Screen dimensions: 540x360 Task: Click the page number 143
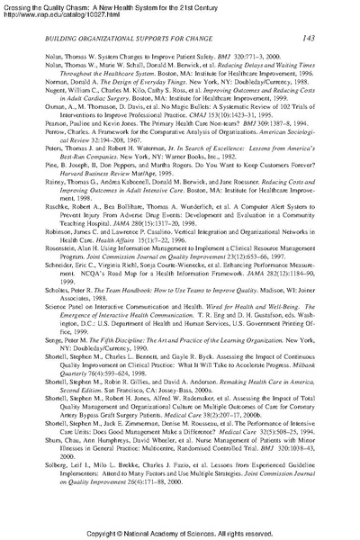coord(307,38)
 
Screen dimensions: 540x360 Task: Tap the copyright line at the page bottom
coord(179,533)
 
